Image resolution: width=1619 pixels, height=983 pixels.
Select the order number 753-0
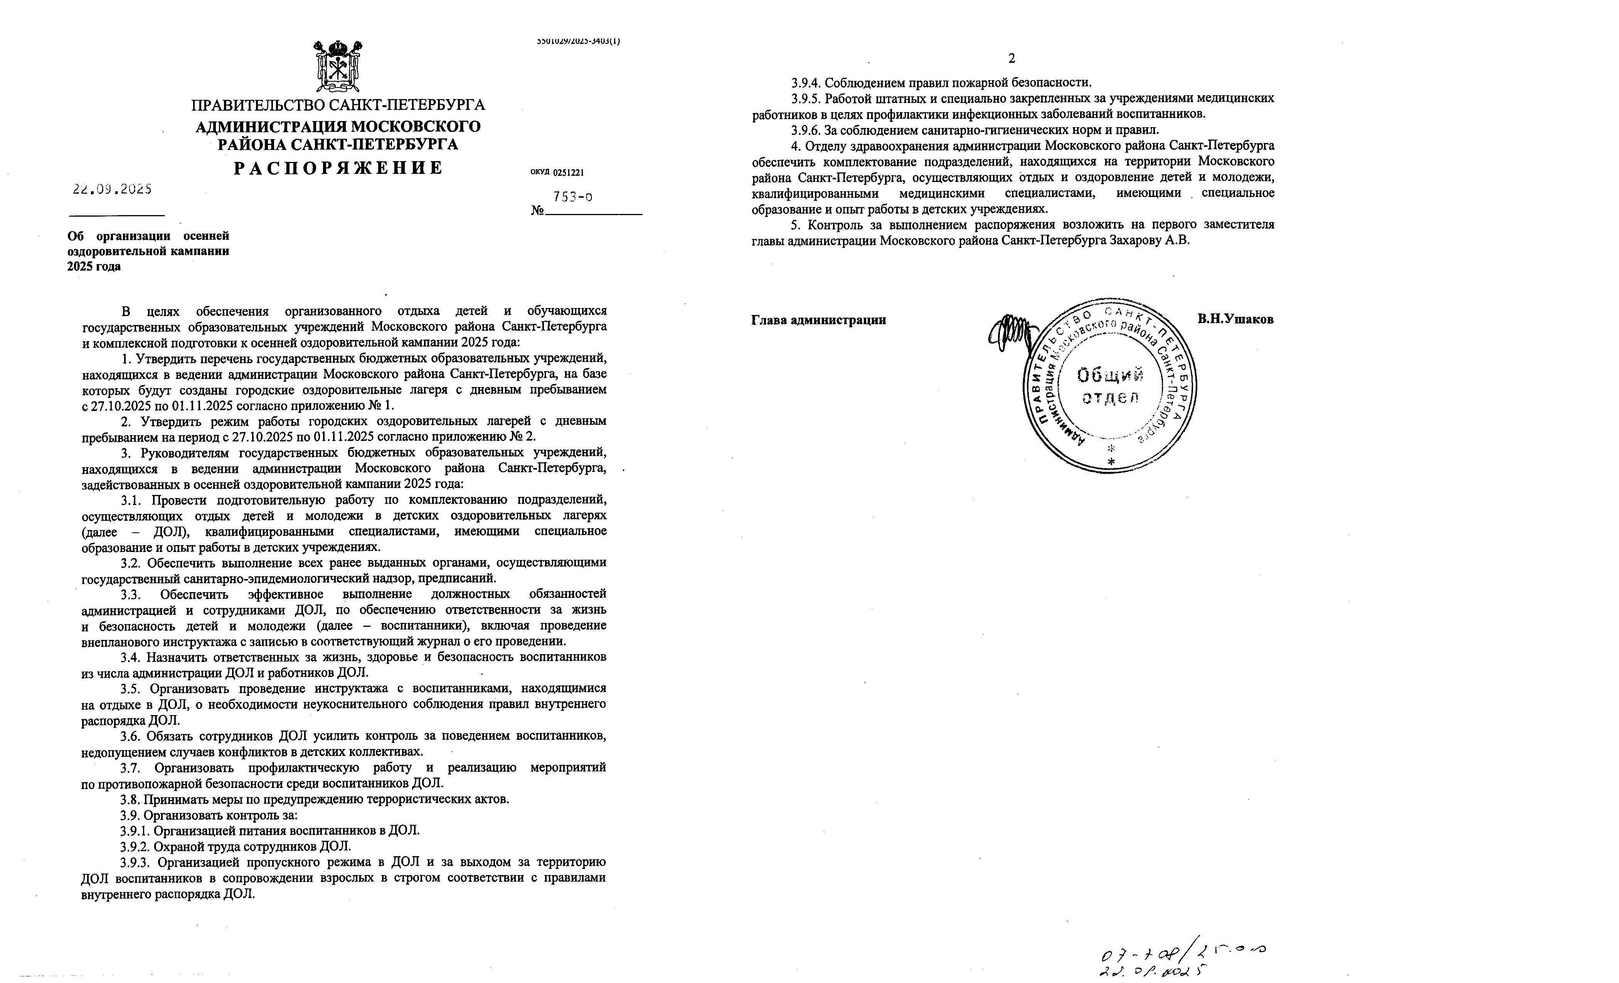click(x=572, y=197)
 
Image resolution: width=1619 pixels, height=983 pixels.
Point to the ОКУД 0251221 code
click(x=557, y=173)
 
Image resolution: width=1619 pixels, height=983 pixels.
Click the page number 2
click(x=1012, y=59)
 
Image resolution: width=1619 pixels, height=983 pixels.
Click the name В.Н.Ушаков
click(x=1235, y=319)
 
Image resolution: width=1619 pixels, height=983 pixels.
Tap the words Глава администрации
click(x=818, y=320)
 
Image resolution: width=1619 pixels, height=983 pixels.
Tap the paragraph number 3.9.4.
click(x=806, y=83)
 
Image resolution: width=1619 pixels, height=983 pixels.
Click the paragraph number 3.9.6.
click(x=806, y=130)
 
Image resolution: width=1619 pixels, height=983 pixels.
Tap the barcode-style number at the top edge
click(x=578, y=41)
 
